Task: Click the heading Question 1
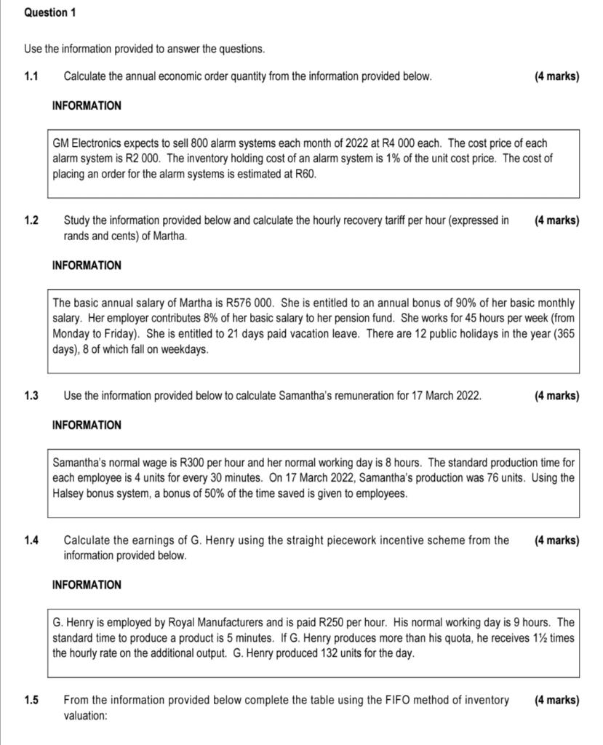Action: [x=50, y=13]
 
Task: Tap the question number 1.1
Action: [x=31, y=76]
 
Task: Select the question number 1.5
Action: [x=31, y=700]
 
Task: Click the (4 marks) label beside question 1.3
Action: [x=556, y=396]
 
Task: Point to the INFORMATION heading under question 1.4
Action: [x=87, y=585]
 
